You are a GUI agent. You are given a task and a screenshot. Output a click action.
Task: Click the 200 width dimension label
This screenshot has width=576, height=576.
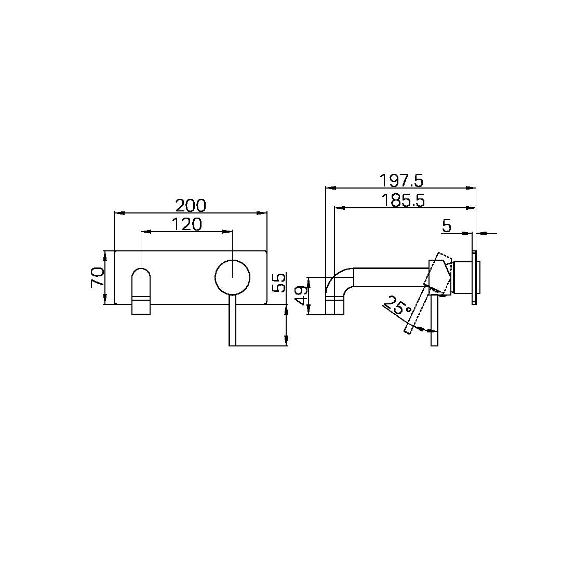click(x=190, y=206)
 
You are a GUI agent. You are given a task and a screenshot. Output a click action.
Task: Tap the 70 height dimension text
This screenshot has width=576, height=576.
click(x=97, y=277)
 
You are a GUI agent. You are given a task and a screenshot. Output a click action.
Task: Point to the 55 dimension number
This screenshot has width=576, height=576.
click(x=279, y=283)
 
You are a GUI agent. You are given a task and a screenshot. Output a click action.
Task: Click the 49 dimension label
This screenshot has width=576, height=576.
click(x=302, y=297)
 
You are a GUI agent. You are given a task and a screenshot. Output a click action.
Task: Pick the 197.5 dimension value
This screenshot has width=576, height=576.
click(x=401, y=181)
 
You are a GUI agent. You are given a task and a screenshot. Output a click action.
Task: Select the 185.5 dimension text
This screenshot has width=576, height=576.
click(x=402, y=200)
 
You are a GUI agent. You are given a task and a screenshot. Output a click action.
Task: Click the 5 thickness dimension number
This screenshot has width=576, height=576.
click(x=446, y=226)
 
